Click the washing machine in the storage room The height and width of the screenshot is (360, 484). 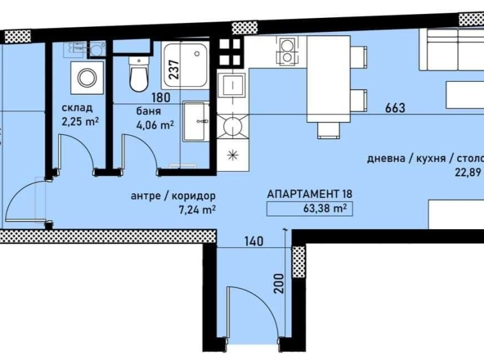(x=85, y=77)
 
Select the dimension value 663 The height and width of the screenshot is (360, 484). (x=395, y=108)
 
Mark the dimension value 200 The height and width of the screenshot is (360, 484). (x=277, y=281)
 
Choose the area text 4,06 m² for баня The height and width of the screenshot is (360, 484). (x=155, y=124)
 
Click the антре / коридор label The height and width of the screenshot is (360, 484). (x=173, y=195)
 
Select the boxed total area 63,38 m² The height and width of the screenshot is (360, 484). (x=309, y=207)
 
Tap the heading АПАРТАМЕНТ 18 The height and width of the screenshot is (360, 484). (x=309, y=194)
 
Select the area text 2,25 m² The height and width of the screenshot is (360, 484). (x=80, y=120)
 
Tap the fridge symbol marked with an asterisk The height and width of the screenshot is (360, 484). (x=231, y=155)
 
